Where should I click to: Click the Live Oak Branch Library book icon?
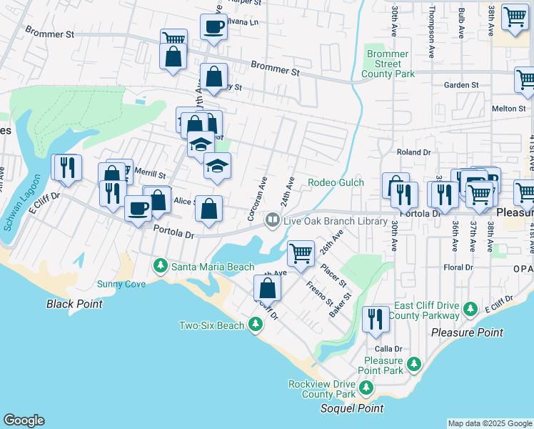[x=272, y=221]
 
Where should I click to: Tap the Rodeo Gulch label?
[x=336, y=182]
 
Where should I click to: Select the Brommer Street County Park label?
[x=388, y=64]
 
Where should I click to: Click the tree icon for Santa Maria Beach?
[x=161, y=267]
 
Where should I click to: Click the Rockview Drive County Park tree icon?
[x=366, y=388]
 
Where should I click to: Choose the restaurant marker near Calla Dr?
[x=376, y=319]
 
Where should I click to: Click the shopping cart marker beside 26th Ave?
[x=301, y=252]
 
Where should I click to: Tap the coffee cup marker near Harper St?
[x=213, y=27]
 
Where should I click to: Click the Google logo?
[x=24, y=420]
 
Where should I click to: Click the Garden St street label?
[x=460, y=85]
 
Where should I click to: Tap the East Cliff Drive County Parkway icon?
[x=470, y=309]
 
